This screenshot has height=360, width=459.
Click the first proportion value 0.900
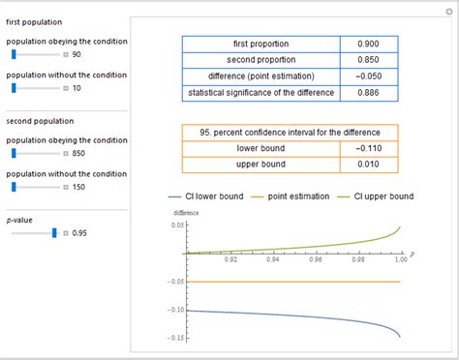pos(367,44)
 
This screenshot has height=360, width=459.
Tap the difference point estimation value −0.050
pos(367,76)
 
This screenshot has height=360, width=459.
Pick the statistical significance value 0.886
pos(367,93)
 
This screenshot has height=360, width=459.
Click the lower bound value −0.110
pos(367,148)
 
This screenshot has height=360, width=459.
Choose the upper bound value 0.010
pos(367,165)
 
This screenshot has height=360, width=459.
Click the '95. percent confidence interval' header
pos(291,132)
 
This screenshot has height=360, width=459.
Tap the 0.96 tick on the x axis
pos(316,259)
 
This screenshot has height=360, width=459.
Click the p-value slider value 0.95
pos(80,233)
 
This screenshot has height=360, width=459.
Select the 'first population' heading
pos(33,20)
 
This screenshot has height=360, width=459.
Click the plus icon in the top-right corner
pos(450,10)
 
